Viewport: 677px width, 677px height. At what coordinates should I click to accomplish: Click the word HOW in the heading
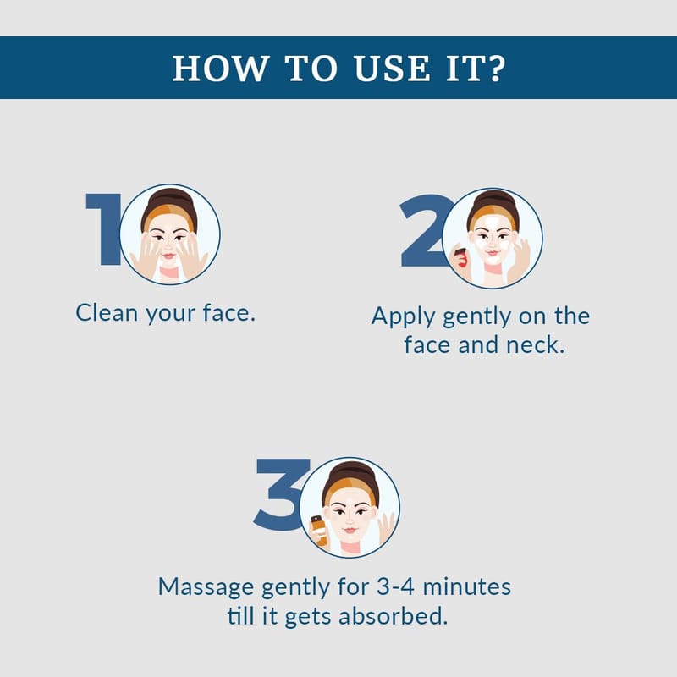(220, 69)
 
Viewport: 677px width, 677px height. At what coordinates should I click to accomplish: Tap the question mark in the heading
(497, 68)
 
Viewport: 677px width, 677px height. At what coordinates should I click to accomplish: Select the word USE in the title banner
(392, 69)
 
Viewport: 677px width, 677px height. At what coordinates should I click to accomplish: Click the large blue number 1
(104, 228)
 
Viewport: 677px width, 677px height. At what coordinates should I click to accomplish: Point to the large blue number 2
(426, 231)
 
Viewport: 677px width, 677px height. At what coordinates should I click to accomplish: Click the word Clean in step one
(107, 312)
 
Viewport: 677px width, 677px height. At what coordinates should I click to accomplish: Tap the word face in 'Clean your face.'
(225, 312)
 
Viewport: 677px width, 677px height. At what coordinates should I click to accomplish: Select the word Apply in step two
(403, 316)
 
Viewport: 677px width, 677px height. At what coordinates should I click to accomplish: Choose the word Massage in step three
(206, 588)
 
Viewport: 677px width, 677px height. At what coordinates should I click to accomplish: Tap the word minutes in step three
(467, 587)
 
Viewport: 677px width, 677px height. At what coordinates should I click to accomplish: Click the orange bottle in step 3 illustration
(320, 531)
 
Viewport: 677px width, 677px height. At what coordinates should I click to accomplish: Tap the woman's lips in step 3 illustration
(350, 530)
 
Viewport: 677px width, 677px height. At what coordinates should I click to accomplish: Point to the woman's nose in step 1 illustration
(168, 246)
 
